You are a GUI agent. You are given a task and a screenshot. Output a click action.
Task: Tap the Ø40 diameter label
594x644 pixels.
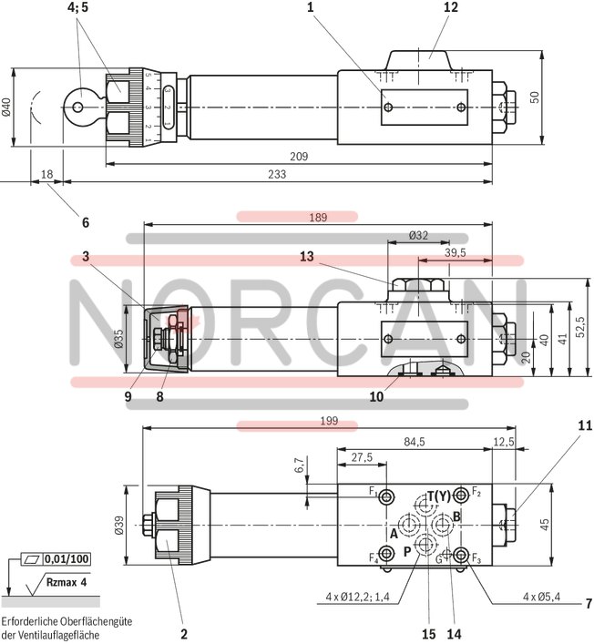click(6, 107)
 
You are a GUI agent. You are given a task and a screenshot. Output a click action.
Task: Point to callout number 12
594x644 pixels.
click(452, 7)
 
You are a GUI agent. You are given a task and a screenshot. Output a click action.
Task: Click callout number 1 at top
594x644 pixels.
click(311, 7)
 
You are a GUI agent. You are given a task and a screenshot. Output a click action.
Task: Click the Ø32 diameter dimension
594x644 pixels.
click(417, 235)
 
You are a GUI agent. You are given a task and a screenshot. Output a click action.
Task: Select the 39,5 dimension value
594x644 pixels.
click(455, 252)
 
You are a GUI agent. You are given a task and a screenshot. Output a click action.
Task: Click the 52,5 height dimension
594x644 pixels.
click(579, 324)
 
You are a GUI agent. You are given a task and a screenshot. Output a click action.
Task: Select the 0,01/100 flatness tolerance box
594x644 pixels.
click(67, 557)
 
